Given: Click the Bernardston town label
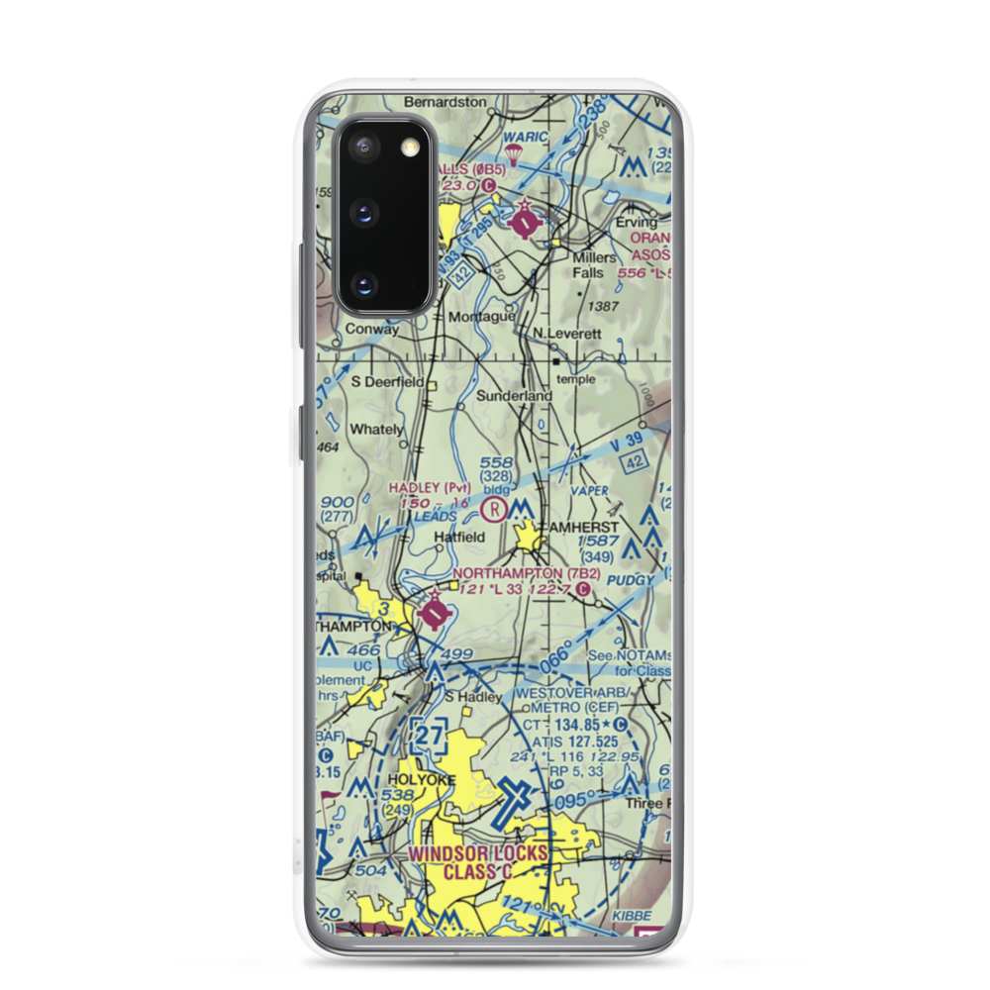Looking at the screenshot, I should (445, 101).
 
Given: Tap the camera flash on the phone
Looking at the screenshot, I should (409, 148).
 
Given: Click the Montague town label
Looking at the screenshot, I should (481, 317).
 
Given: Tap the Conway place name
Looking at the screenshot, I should (371, 331).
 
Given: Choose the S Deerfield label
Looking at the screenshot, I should (387, 381).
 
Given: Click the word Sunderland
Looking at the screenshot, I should (514, 396).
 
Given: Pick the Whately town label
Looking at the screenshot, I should (376, 430).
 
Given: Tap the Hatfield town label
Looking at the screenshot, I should (460, 538).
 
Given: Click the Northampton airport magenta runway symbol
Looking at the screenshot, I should (434, 614).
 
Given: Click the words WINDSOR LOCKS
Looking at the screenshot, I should (478, 853).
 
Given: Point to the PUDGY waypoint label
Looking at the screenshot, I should (631, 579).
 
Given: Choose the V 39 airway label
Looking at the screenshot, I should (627, 447).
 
